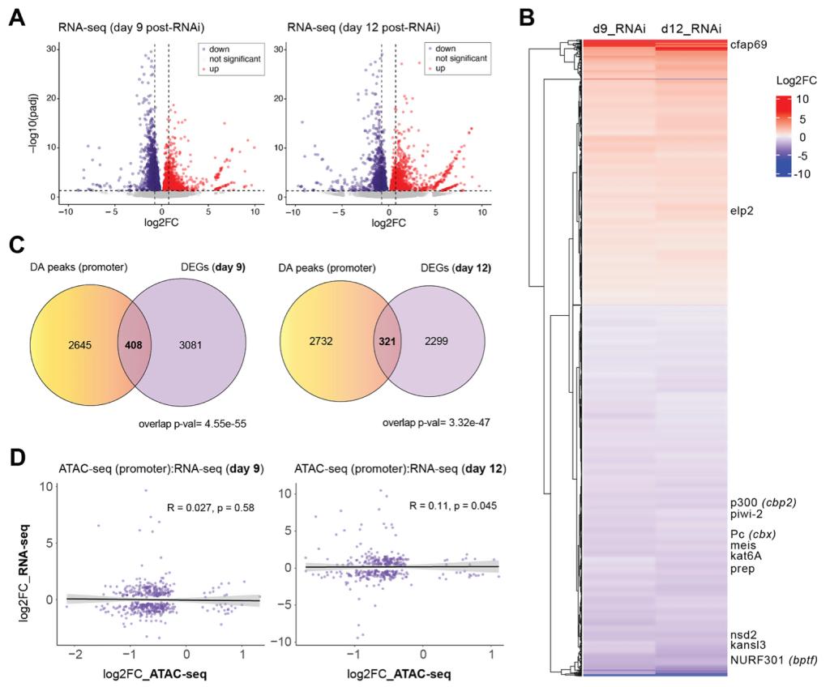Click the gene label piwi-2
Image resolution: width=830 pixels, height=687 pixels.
(749, 515)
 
